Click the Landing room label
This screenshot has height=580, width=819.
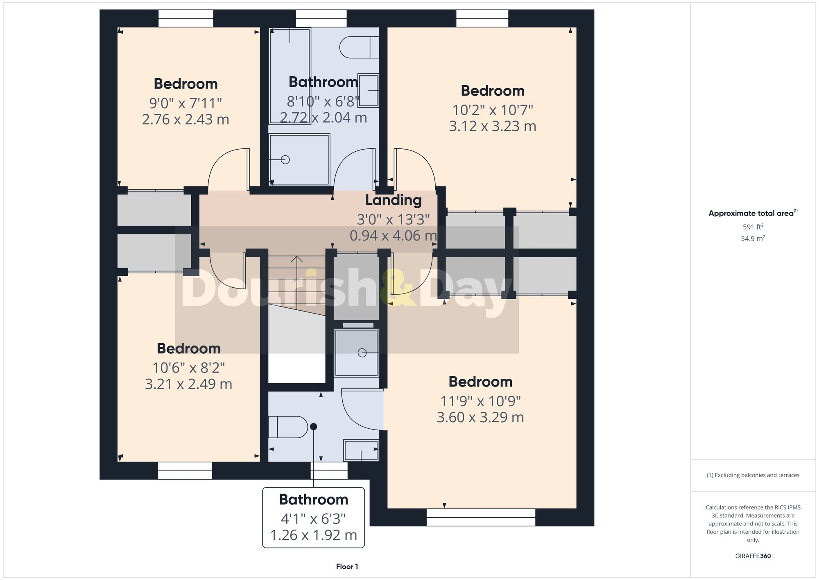393,200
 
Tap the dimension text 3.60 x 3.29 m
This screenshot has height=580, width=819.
480,417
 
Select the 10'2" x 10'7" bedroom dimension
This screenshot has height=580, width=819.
492,110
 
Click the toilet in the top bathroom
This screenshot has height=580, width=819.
359,47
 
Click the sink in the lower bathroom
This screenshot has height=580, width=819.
361,450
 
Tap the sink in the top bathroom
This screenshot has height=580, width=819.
368,90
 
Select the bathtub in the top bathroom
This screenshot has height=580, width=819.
290,76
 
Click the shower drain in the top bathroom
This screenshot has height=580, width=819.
285,160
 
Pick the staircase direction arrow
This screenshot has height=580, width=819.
297,259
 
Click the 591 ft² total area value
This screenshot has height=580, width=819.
753,227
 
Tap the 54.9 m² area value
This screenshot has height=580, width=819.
753,238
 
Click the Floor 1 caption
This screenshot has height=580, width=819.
347,566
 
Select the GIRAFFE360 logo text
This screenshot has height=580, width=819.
753,556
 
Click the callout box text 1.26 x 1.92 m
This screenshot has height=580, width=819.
313,535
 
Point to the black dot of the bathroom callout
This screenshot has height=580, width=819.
313,427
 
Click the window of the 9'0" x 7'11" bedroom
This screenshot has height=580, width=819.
186,19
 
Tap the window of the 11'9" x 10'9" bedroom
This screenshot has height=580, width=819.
480,517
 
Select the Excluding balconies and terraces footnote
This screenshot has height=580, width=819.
753,475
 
